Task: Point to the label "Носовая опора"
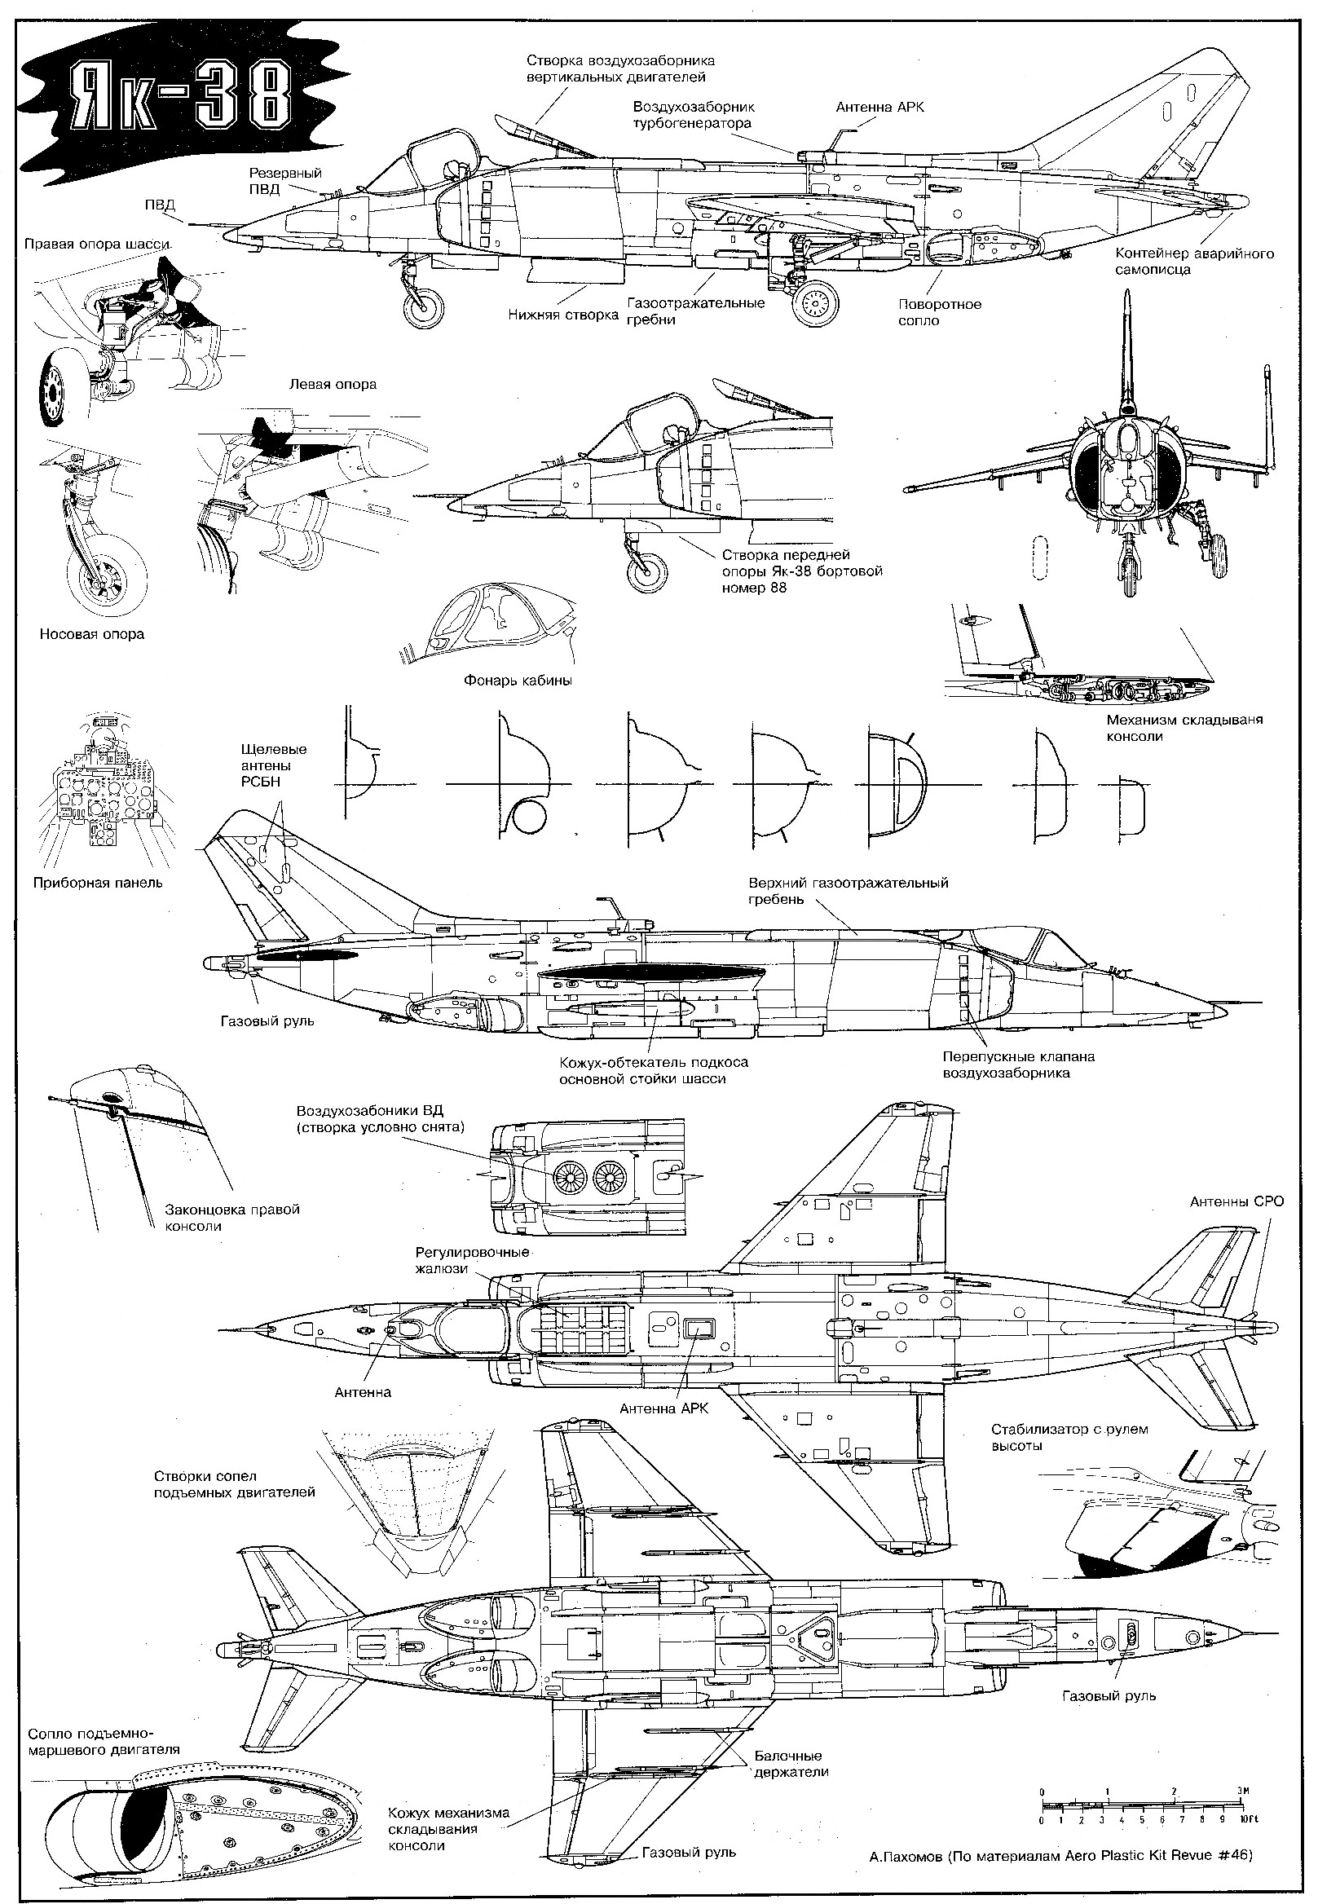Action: tap(91, 634)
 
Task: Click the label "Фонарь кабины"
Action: tap(518, 681)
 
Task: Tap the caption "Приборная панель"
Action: tap(98, 883)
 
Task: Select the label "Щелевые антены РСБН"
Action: tap(273, 765)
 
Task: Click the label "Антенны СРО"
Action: tap(1236, 1201)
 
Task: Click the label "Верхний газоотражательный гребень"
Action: tap(849, 891)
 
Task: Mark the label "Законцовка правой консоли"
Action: tap(232, 1218)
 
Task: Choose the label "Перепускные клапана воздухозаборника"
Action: tap(1018, 1064)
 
